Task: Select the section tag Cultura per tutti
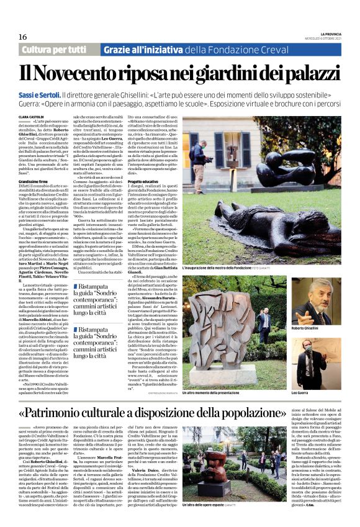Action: pyautogui.click(x=54, y=50)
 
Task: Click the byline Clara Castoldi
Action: pyautogui.click(x=32, y=116)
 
